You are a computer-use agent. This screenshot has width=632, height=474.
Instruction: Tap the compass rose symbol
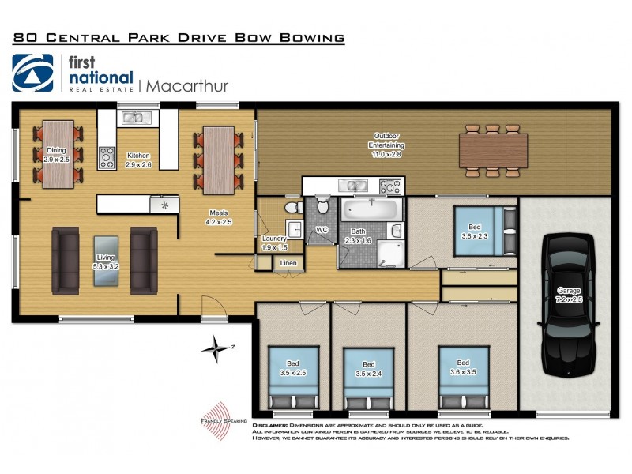(x=214, y=348)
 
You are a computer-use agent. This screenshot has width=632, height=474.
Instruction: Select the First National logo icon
(x=32, y=73)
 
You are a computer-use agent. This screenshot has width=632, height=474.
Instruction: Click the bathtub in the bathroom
(x=371, y=212)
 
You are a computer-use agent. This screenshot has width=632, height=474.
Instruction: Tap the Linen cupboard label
(x=288, y=263)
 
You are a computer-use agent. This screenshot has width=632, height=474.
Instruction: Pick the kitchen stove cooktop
(x=107, y=158)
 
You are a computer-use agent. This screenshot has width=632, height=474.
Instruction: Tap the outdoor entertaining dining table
(x=494, y=150)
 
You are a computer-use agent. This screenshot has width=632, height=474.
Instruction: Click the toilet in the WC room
(x=322, y=207)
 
